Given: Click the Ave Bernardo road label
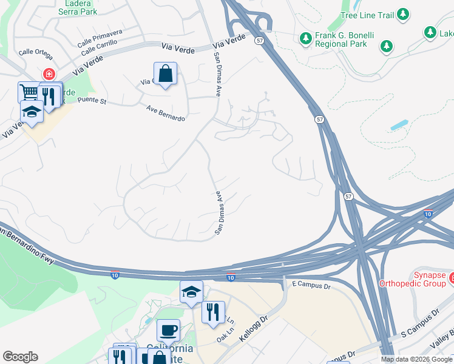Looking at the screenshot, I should [x=166, y=113].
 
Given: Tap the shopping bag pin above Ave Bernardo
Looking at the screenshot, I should [x=165, y=74].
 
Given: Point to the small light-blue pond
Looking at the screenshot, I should [x=399, y=125].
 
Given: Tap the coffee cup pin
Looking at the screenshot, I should [x=168, y=331].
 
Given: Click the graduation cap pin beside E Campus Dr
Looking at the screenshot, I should [x=191, y=292].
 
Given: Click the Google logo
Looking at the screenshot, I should [x=21, y=356].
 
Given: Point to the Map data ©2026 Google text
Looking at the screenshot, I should [x=416, y=359].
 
